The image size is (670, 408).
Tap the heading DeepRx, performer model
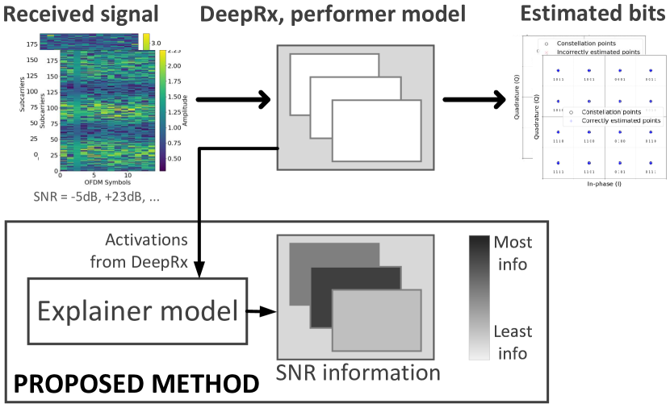pos(332,15)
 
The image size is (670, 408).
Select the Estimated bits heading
pos(593,15)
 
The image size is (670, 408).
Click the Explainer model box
pos(137,310)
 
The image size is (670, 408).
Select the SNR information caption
pos(358,373)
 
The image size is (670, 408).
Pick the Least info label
pos(513,342)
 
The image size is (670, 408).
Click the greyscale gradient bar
pos(479,297)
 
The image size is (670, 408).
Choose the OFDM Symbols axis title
pos(106,183)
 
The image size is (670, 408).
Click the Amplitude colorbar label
pos(185,109)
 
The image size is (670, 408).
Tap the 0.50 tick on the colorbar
pos(174,159)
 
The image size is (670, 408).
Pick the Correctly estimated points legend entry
pos(619,120)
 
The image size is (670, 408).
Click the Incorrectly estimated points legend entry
pos(598,52)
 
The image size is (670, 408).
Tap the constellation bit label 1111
pos(557,172)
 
